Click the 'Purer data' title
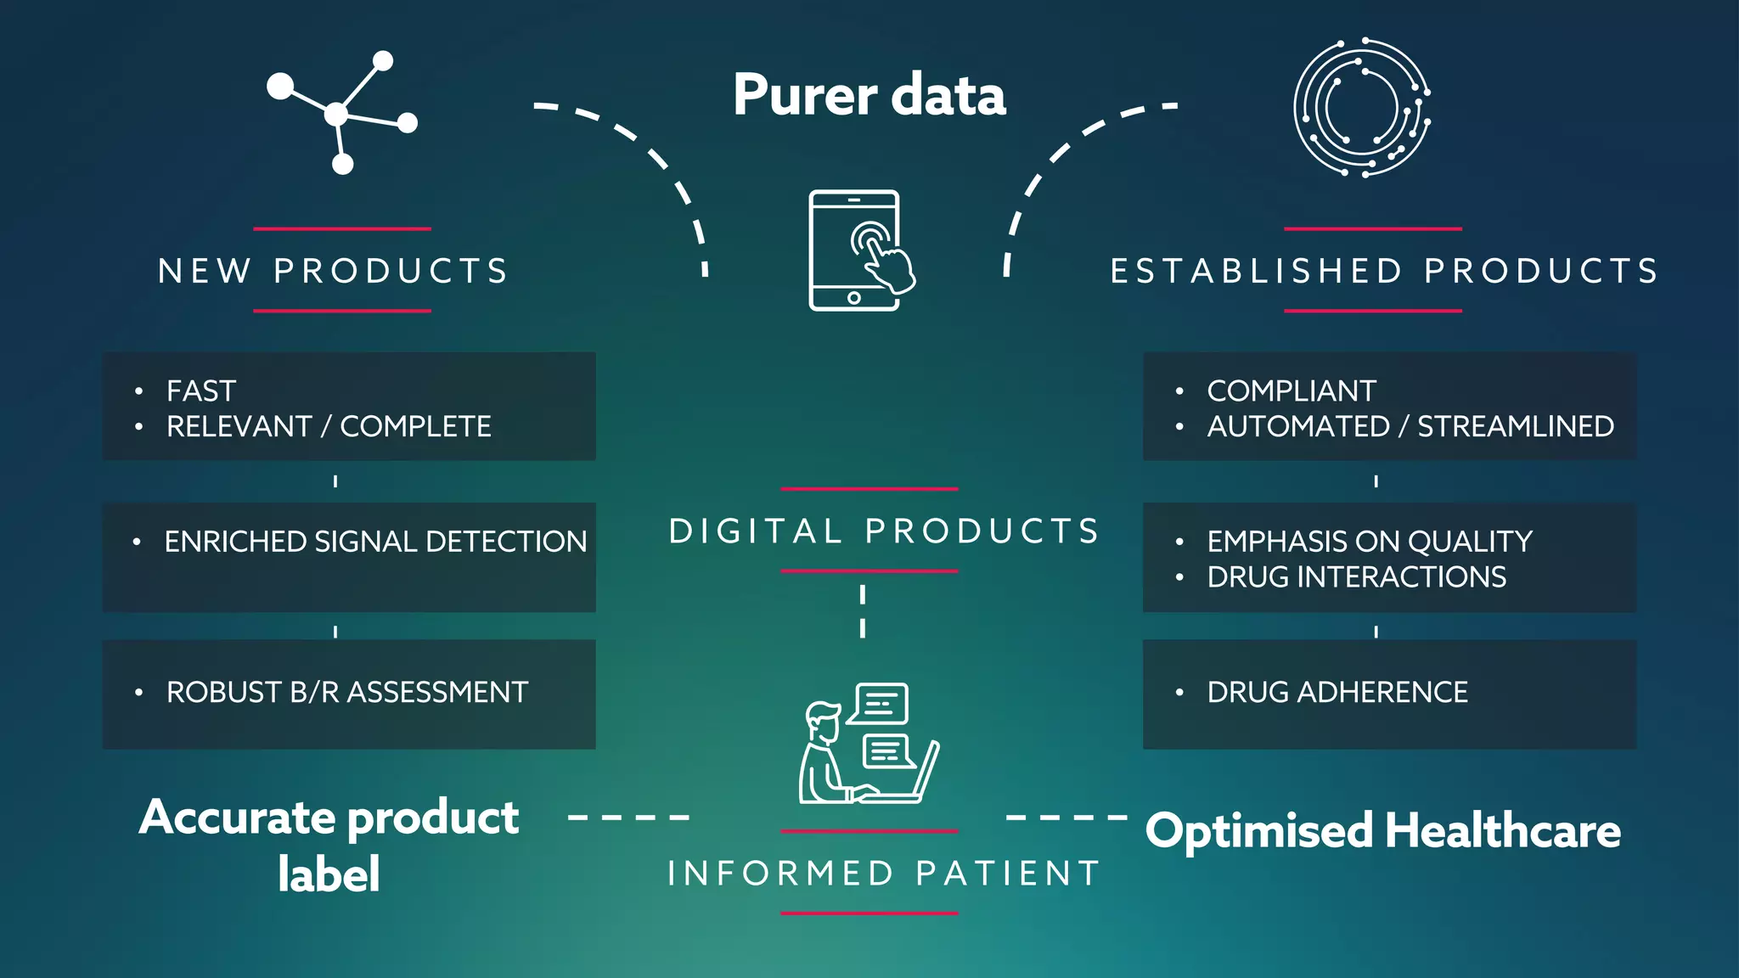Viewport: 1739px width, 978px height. click(x=869, y=94)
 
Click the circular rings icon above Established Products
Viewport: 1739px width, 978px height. click(x=1361, y=108)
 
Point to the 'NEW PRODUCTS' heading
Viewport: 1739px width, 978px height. click(x=333, y=271)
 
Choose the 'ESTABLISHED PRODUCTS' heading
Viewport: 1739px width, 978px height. click(x=1384, y=271)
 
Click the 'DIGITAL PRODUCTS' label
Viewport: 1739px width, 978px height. click(x=883, y=531)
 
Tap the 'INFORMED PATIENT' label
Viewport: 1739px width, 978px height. click(x=883, y=873)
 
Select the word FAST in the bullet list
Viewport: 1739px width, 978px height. click(x=201, y=391)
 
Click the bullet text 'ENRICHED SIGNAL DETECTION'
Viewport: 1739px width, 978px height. click(x=375, y=542)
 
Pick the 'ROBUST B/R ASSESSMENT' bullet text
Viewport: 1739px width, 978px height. click(x=347, y=693)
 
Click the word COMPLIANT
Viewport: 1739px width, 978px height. click(x=1292, y=391)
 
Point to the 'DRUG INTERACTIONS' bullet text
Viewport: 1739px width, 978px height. click(x=1356, y=577)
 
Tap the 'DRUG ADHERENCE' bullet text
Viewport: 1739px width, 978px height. click(x=1337, y=693)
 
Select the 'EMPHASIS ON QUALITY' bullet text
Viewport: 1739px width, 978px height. click(x=1370, y=542)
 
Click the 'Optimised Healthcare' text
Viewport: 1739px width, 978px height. click(x=1382, y=830)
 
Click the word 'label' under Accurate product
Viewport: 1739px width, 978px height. click(x=329, y=874)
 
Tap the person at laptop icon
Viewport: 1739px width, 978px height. click(x=868, y=744)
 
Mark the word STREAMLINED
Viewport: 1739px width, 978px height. click(x=1516, y=426)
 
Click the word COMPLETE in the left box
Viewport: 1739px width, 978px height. click(x=415, y=426)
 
